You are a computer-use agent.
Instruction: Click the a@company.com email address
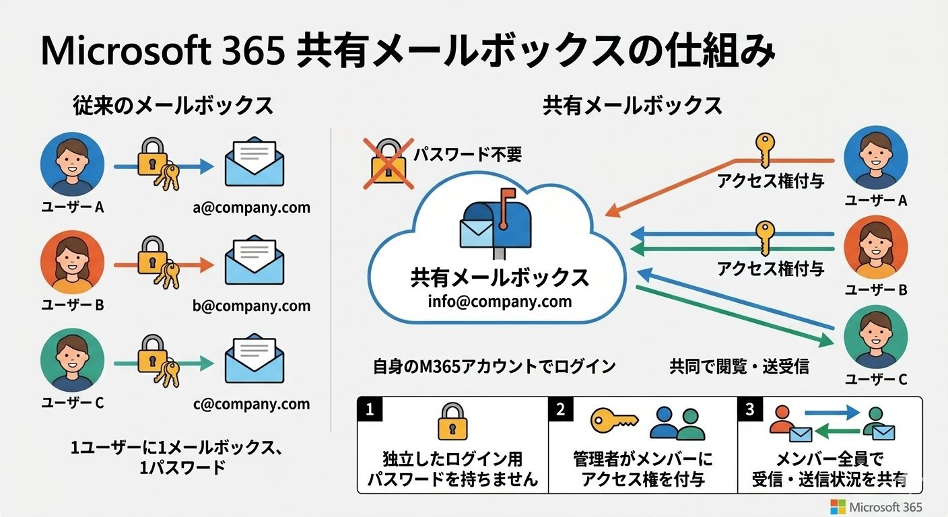tap(251, 207)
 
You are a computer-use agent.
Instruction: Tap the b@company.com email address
tap(251, 306)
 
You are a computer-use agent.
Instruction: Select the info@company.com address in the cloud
tap(500, 301)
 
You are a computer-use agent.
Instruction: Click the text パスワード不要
tap(467, 156)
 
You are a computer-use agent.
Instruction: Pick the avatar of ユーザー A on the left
tap(72, 164)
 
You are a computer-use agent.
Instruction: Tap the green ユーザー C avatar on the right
tap(875, 337)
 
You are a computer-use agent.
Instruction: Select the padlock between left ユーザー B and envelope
tap(154, 258)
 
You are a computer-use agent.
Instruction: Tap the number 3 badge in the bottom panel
tap(750, 409)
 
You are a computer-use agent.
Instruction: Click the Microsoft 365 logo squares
tap(838, 506)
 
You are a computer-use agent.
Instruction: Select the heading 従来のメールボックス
tap(173, 106)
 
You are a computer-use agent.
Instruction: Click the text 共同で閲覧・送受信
tap(739, 366)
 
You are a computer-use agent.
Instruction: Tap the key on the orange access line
tap(764, 149)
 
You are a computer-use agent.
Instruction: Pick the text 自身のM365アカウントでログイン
tap(494, 366)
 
